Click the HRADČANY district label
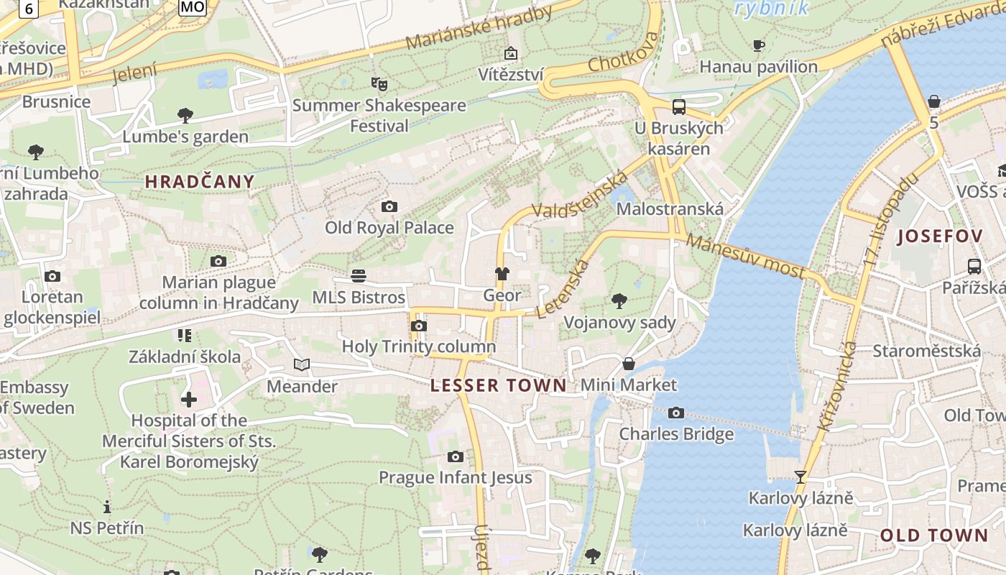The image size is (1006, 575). (200, 182)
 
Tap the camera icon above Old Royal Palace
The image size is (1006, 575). (389, 207)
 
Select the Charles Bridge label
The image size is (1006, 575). (676, 434)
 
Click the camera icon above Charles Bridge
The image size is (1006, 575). (676, 413)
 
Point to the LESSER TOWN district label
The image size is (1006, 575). (499, 386)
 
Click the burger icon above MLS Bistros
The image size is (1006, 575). (359, 276)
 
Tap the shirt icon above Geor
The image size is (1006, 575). (502, 274)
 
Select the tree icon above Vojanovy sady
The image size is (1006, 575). (619, 300)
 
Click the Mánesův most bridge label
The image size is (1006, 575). (745, 256)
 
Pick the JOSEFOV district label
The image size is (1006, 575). (940, 236)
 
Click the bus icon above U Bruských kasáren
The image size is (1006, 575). (678, 107)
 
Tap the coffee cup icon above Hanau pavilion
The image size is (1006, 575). (758, 46)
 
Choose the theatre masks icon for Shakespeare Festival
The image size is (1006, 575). (379, 84)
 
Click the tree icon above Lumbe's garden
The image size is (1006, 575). (185, 115)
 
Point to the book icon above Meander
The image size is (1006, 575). (302, 365)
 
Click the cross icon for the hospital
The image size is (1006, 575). (189, 400)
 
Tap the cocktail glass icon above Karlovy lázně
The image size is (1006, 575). (800, 477)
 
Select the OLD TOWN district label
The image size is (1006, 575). (934, 535)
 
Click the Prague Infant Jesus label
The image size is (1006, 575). (456, 477)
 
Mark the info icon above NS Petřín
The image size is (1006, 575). (107, 507)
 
